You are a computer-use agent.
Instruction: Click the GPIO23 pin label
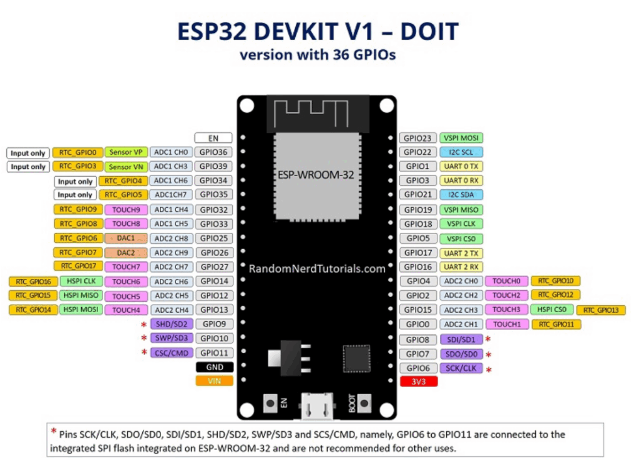[417, 138]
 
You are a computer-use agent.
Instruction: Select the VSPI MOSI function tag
[461, 138]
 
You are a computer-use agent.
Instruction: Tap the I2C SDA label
[461, 195]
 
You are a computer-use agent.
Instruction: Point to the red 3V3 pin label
[417, 381]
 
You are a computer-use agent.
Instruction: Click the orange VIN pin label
[214, 381]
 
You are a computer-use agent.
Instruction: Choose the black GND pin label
[214, 368]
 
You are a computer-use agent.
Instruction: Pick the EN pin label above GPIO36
[214, 138]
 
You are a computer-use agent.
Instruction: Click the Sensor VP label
[126, 152]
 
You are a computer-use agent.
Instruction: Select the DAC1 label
[126, 238]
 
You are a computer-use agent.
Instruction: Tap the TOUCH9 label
[126, 210]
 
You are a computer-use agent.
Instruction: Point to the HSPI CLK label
[81, 281]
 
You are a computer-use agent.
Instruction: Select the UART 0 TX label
[461, 167]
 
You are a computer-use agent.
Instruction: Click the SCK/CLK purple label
[461, 368]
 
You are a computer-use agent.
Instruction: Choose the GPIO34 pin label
[214, 181]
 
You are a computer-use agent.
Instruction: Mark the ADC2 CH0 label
[461, 281]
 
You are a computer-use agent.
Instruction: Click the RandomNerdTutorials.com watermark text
[317, 269]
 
